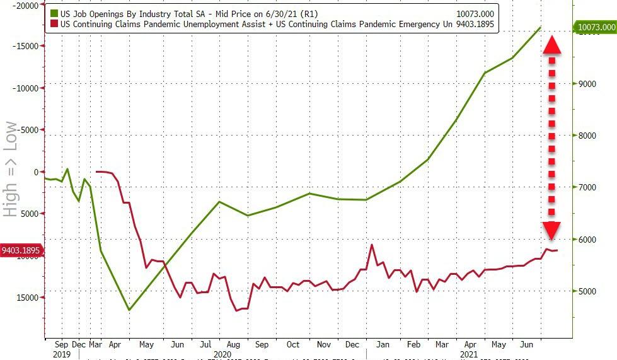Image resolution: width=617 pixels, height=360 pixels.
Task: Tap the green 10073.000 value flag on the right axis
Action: pos(594,28)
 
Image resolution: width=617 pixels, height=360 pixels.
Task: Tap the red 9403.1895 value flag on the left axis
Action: pos(21,250)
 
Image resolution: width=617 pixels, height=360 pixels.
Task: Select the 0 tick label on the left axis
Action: pos(34,172)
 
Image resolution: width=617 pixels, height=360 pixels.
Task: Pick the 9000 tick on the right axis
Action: pos(587,84)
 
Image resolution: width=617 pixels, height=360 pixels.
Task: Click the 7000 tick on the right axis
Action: pos(587,188)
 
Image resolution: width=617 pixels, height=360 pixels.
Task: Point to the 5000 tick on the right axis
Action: pos(587,292)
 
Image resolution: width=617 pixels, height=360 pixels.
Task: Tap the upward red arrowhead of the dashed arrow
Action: pos(552,44)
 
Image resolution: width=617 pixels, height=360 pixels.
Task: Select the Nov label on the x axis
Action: pos(324,345)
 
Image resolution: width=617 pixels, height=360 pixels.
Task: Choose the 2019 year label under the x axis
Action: pos(61,355)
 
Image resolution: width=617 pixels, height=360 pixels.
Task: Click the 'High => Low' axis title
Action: pos(11,169)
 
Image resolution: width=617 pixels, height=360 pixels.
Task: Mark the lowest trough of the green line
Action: pos(129,310)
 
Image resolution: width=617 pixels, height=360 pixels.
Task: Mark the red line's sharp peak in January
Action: pos(372,245)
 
